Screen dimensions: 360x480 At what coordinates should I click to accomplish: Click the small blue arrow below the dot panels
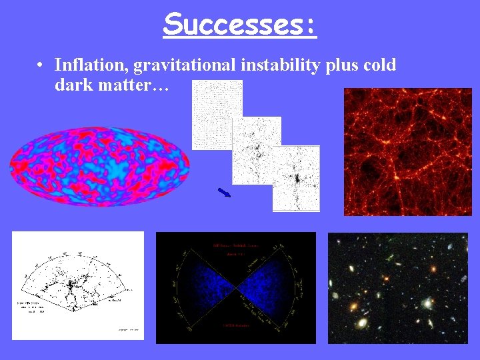pos(224,193)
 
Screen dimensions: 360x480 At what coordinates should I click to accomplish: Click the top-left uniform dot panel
pos(217,115)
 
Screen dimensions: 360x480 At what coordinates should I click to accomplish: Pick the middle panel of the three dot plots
pos(257,150)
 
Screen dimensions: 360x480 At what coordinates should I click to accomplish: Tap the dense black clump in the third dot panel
pos(296,179)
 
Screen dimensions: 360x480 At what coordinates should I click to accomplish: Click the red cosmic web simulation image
pos(407,151)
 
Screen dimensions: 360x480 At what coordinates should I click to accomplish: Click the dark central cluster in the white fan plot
pos(69,288)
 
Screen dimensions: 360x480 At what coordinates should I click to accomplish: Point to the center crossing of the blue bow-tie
pos(235,288)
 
